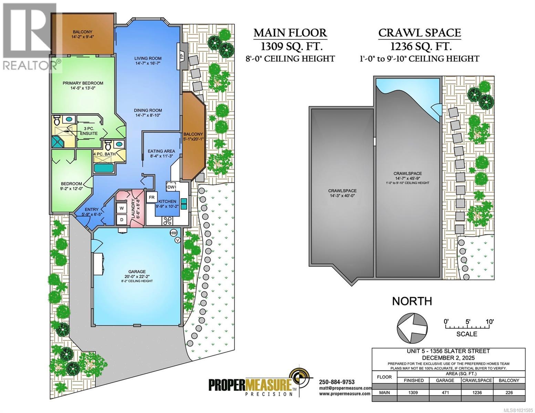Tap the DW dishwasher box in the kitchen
tap(171, 187)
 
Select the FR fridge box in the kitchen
tap(151, 198)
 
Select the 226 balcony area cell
tap(509, 393)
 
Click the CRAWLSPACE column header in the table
tap(477, 380)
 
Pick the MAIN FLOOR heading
tap(290, 33)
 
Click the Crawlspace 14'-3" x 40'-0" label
tap(342, 193)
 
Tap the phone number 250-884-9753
tap(337, 382)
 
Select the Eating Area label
tap(161, 153)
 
